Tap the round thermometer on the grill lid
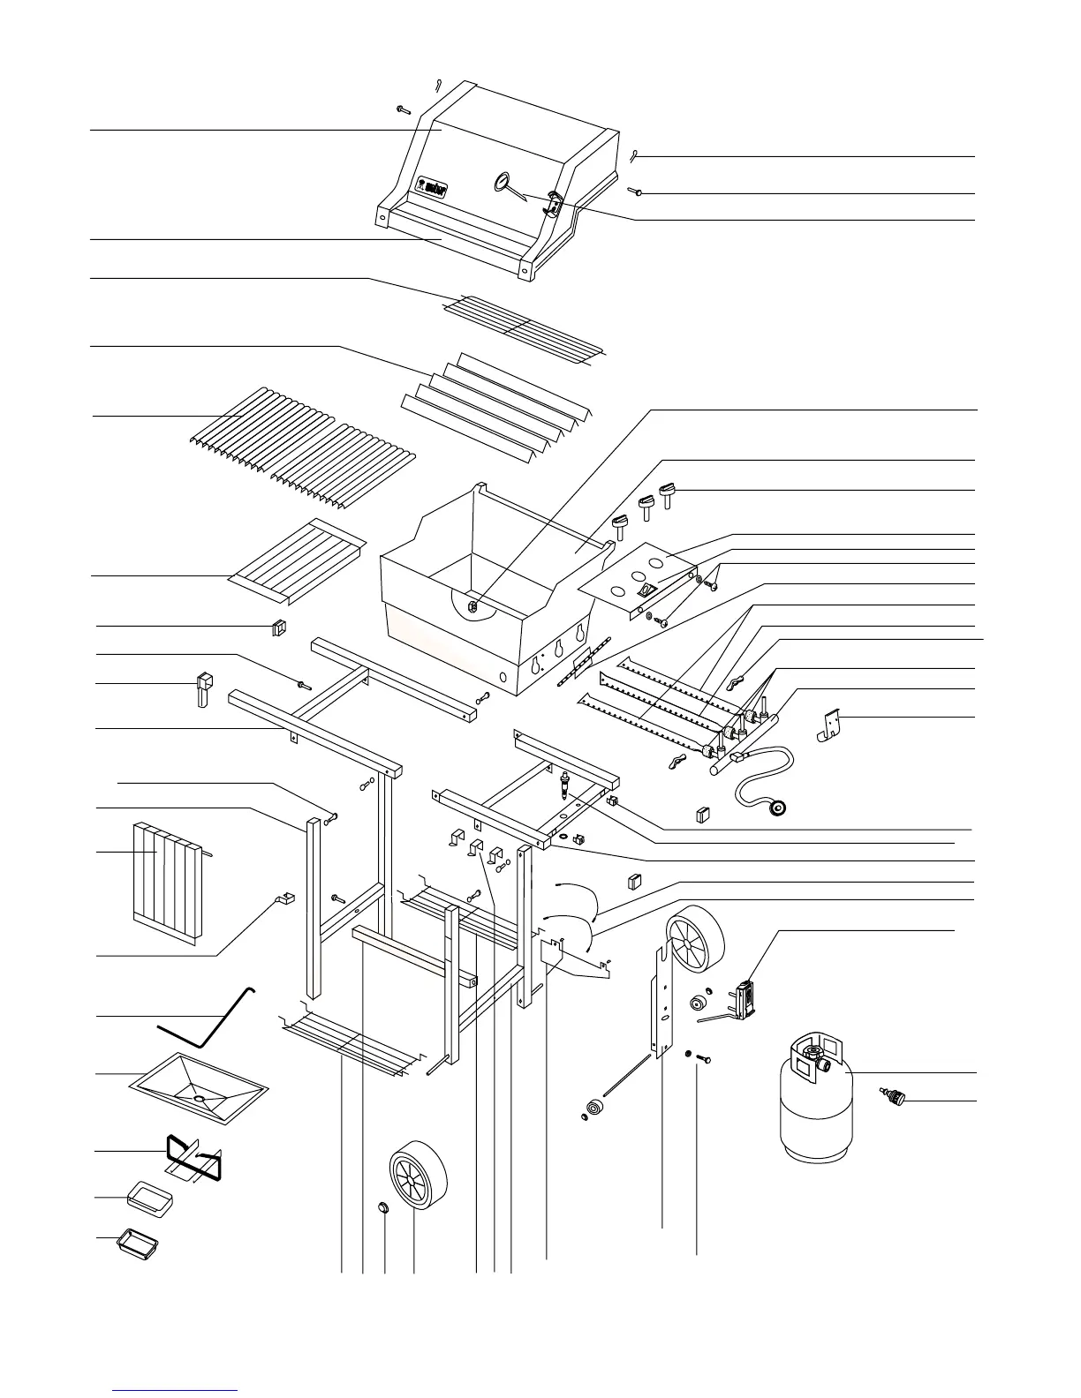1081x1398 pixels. pos(502,183)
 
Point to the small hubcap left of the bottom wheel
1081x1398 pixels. pos(383,1206)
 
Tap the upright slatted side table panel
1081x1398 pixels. pos(169,882)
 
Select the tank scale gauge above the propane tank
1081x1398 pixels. pos(743,1000)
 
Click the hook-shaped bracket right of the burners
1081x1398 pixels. pos(828,725)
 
